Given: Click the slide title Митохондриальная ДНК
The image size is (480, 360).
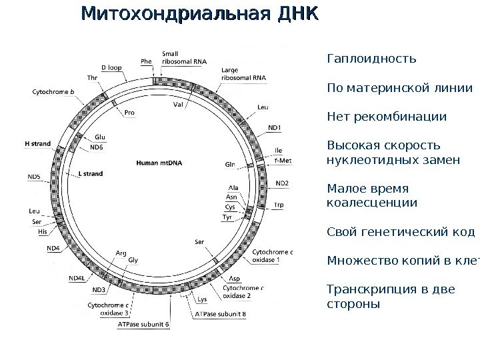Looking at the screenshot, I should pyautogui.click(x=199, y=14).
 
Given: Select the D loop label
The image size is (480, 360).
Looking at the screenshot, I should pyautogui.click(x=111, y=67).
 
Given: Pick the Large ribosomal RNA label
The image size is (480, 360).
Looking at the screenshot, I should pyautogui.click(x=243, y=73).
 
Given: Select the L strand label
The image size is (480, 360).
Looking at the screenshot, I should pyautogui.click(x=90, y=174).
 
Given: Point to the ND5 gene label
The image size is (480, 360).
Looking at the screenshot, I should pyautogui.click(x=33, y=176).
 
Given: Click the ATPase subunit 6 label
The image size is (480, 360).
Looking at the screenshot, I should pyautogui.click(x=143, y=324).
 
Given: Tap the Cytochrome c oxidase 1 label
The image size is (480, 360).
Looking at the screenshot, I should pyautogui.click(x=271, y=255).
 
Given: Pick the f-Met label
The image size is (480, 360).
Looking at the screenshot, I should pyautogui.click(x=283, y=161).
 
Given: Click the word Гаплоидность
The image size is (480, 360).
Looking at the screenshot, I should pyautogui.click(x=371, y=58).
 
